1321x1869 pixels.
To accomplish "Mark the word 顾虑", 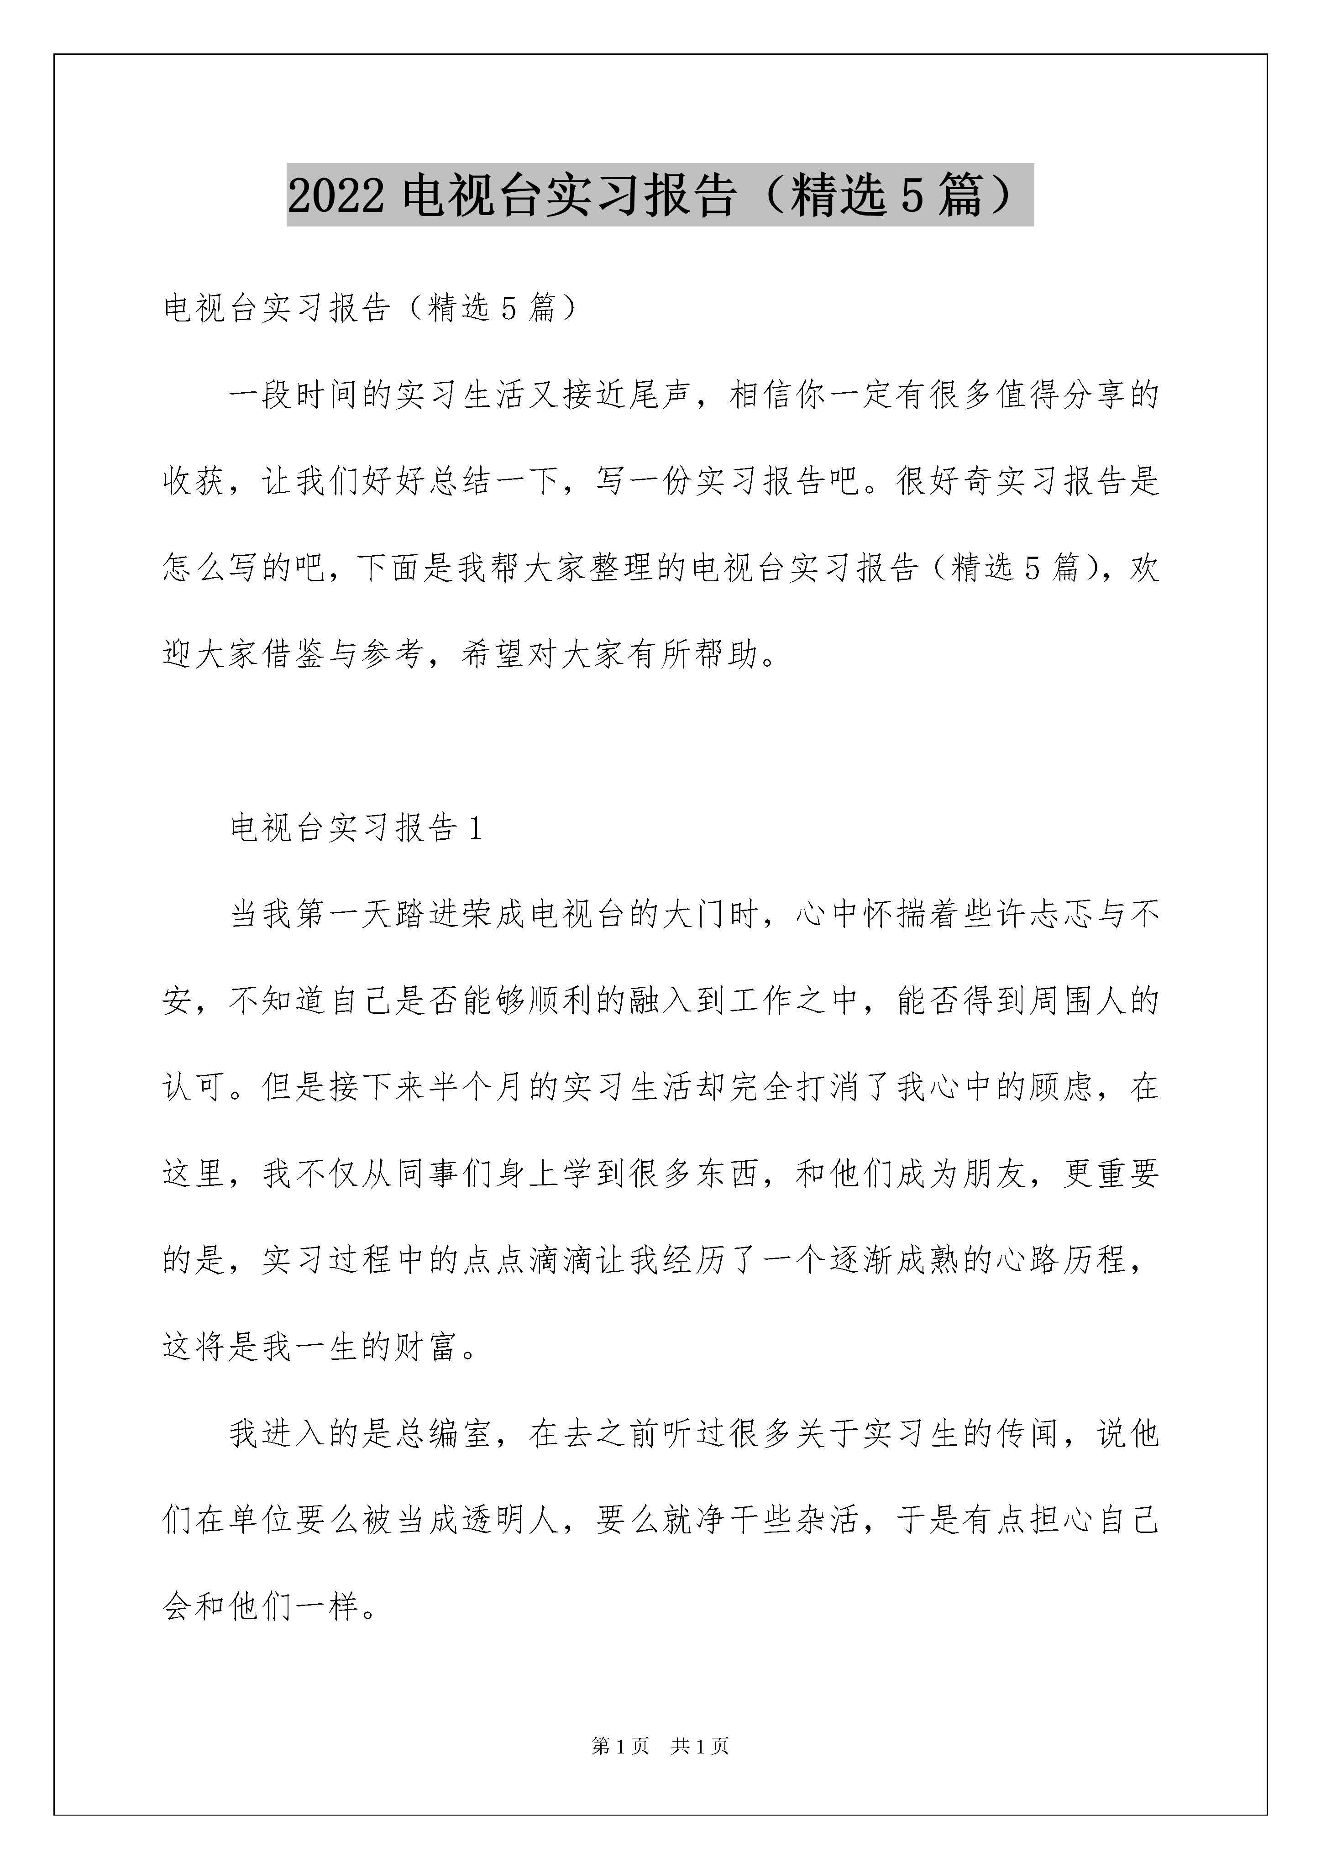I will (1061, 1088).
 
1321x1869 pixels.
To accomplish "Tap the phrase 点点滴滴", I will (527, 1260).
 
